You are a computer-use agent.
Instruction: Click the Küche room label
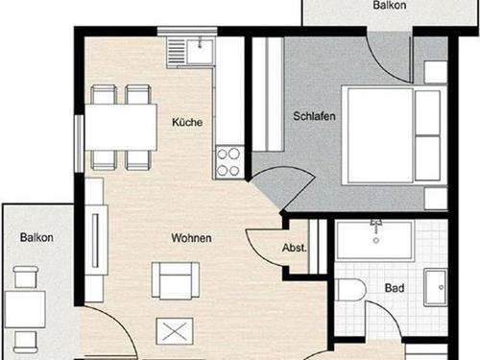coord(187,122)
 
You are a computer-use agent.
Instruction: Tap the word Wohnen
coord(191,238)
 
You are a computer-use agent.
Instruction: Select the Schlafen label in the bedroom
coord(314,116)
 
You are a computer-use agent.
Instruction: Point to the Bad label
coord(395,288)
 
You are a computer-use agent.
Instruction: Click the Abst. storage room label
coord(294,248)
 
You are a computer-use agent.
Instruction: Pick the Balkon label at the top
coord(390,5)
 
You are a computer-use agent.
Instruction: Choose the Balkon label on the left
coord(36,237)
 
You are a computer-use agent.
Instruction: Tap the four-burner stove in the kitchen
coord(228,162)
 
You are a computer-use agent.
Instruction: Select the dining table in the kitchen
coord(121,127)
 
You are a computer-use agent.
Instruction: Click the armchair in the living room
coord(176,280)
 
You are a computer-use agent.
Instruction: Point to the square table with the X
coord(175,331)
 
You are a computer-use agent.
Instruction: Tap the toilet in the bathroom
coord(350,290)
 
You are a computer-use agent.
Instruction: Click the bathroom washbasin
coord(435,288)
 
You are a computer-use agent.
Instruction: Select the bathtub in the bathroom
coord(375,239)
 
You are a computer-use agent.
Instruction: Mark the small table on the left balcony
coord(25,309)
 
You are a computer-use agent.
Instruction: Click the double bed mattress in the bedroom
coord(380,135)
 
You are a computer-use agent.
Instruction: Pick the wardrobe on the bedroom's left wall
coord(268,94)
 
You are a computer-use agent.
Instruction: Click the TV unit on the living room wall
coord(95,240)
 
